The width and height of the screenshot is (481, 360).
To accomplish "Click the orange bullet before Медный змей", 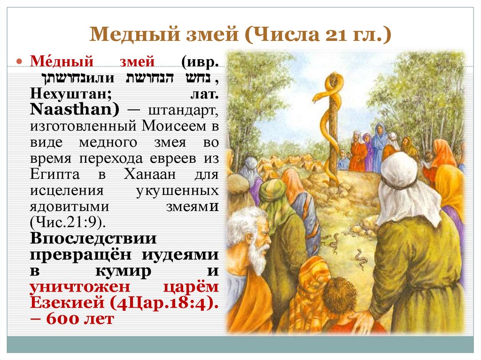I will point(20,62).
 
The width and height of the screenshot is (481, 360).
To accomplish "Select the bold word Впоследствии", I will point(94,238).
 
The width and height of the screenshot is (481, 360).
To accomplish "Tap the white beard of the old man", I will point(257,256).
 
